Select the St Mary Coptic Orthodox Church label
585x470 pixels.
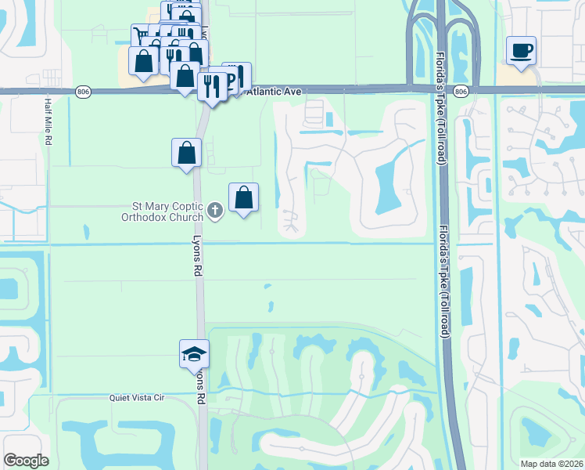click(x=167, y=212)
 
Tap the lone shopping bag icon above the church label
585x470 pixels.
click(x=187, y=153)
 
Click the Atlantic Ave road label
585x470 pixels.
click(x=274, y=92)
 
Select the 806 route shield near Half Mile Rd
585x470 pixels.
click(x=84, y=92)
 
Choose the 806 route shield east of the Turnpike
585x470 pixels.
click(x=461, y=92)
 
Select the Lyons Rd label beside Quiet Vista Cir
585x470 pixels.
click(x=200, y=387)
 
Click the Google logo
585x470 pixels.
click(x=26, y=461)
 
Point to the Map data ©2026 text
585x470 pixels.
click(x=552, y=463)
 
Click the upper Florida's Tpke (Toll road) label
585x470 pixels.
click(x=442, y=110)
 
